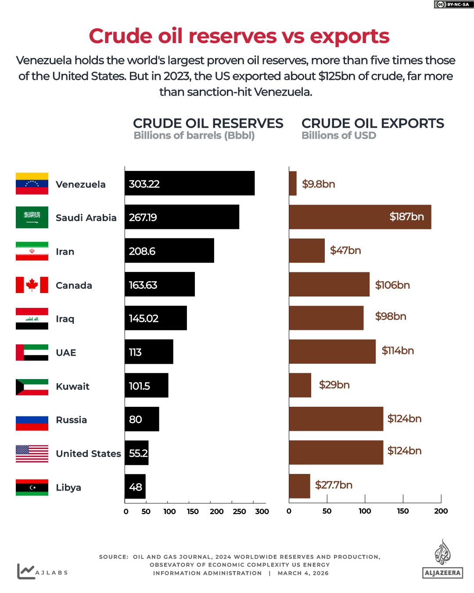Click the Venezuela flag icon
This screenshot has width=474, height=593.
[32, 184]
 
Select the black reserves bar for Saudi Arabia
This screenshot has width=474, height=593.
[182, 217]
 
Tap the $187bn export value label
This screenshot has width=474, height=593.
[406, 217]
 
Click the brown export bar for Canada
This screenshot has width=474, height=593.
[329, 285]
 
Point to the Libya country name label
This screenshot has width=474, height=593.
[68, 488]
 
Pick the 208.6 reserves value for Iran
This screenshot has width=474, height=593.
[142, 251]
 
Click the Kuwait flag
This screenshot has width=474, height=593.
[32, 387]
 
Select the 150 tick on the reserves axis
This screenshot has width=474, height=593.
[193, 511]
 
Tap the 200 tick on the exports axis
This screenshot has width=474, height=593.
[441, 511]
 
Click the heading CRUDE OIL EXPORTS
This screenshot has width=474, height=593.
[373, 123]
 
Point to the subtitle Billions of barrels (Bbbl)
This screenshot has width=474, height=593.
[194, 136]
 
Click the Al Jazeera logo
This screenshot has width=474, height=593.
[443, 560]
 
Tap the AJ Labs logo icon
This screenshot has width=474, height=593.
[25, 571]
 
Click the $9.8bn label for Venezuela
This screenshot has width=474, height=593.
[319, 184]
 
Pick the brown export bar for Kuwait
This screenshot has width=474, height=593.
[300, 385]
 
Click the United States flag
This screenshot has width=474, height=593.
[32, 454]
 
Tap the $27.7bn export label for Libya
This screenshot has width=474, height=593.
[334, 485]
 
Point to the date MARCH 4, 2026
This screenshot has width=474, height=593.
[303, 573]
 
